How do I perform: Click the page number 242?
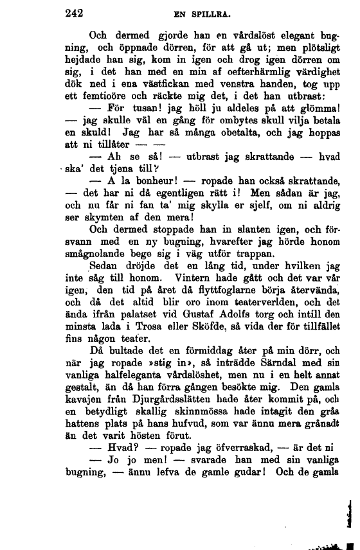76,12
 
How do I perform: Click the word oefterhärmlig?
230,75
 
